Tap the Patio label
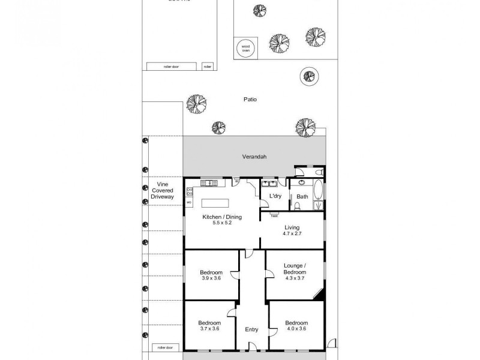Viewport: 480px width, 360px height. pyautogui.click(x=250, y=100)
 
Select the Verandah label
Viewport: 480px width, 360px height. pyautogui.click(x=254, y=157)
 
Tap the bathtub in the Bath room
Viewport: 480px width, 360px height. pyautogui.click(x=317, y=194)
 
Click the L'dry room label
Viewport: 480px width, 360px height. pyautogui.click(x=275, y=196)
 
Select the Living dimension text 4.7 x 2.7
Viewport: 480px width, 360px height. pyautogui.click(x=292, y=233)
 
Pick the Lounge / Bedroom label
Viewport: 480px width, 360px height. pyautogui.click(x=295, y=269)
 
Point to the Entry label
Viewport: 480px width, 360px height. pyautogui.click(x=251, y=329)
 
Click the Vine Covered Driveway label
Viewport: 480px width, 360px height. pyautogui.click(x=161, y=190)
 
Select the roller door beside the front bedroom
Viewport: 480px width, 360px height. pyautogui.click(x=161, y=347)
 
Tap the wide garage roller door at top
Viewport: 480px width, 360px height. pyautogui.click(x=171, y=66)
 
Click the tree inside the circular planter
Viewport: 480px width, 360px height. pyautogui.click(x=308, y=76)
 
